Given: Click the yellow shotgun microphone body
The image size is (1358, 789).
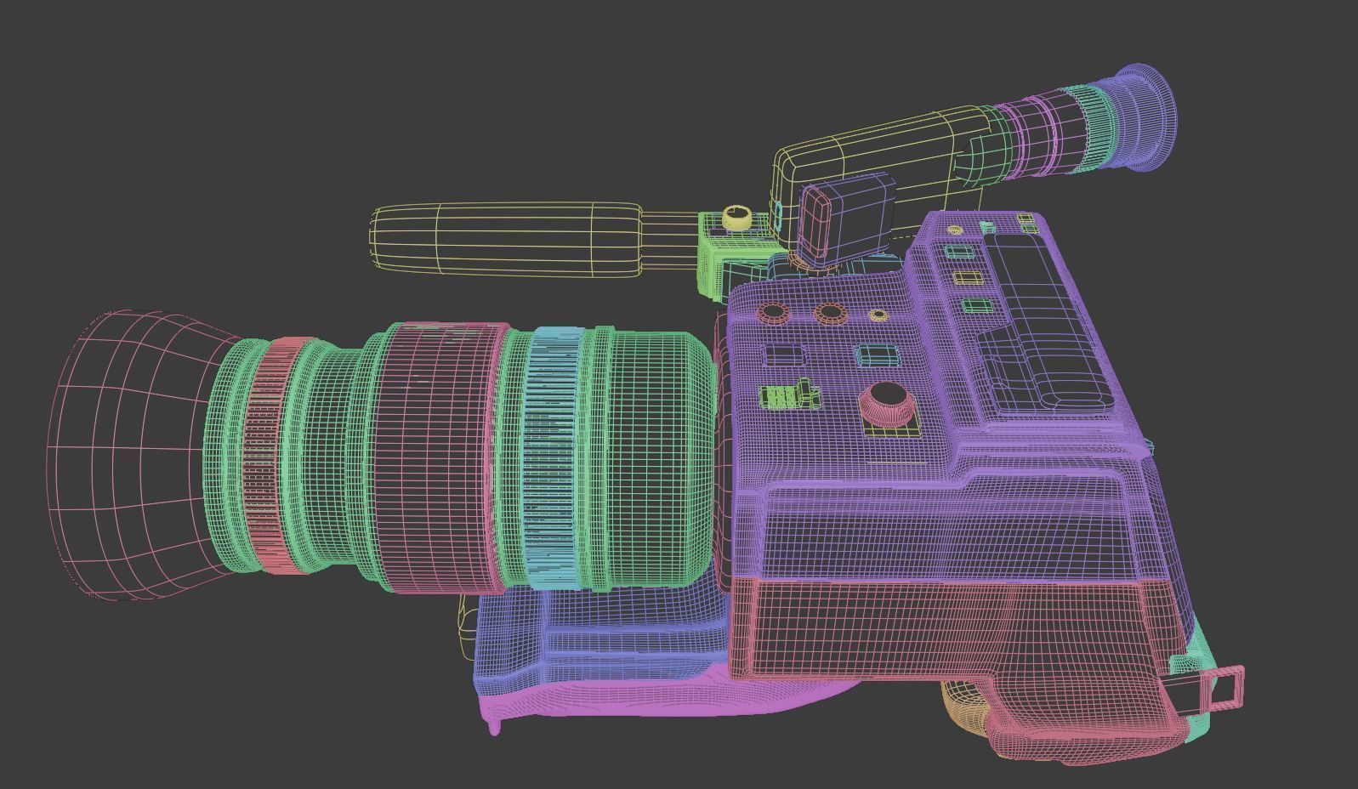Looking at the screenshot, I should coord(506,239).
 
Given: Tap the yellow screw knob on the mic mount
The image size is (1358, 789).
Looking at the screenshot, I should coord(736,218).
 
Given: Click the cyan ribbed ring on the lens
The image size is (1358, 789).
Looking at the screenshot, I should coord(553,459).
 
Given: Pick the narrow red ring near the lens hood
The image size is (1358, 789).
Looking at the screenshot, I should coord(270,459).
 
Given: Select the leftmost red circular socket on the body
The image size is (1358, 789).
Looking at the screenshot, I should coord(773,312).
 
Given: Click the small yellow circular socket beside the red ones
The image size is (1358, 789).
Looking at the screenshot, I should coord(878,315).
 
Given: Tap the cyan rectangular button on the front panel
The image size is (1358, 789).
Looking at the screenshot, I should coord(876,355).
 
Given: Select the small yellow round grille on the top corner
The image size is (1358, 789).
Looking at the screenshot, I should coord(954,230).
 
